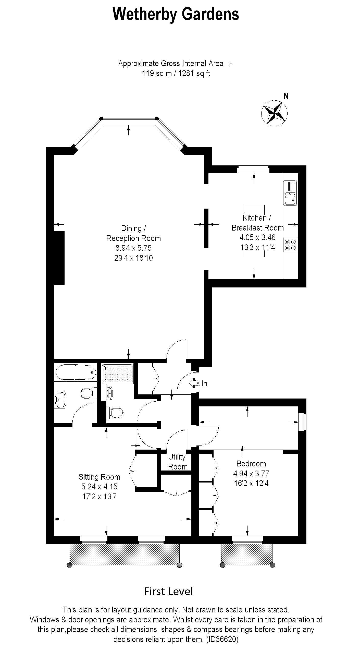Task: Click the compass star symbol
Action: (x=274, y=113)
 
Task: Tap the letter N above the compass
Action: (x=286, y=96)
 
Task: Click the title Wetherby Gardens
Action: (x=176, y=14)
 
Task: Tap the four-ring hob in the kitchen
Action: (x=290, y=245)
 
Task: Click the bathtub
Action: (x=76, y=372)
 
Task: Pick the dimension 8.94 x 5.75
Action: (x=133, y=248)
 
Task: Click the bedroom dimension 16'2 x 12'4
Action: (x=251, y=483)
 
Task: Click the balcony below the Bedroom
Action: (x=247, y=554)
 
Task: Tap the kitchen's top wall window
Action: (x=253, y=169)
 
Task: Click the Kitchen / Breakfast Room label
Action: (x=257, y=223)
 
